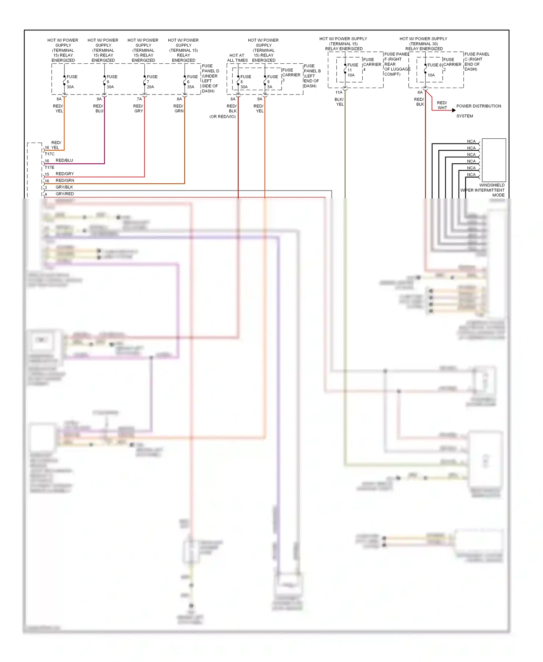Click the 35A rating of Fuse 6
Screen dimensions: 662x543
[x=190, y=87]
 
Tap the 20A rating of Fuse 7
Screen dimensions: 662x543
[x=150, y=87]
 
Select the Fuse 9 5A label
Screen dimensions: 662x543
[x=270, y=87]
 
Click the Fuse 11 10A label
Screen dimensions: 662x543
[x=351, y=75]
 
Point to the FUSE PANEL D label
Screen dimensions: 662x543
[x=210, y=68]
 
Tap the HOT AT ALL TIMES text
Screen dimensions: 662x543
[x=237, y=58]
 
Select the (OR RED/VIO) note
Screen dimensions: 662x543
[x=222, y=117]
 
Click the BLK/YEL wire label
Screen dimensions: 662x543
[x=339, y=102]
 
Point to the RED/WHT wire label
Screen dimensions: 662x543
[x=442, y=105]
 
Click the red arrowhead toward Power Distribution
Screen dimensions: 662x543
[x=454, y=110]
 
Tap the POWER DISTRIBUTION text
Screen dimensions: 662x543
[x=479, y=106]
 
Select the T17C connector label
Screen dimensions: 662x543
[x=50, y=154]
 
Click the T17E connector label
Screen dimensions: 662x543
[x=50, y=167]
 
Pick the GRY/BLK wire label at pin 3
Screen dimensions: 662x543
[x=64, y=187]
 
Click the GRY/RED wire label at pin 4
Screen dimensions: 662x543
[x=64, y=194]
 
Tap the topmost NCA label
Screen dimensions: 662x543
[x=471, y=142]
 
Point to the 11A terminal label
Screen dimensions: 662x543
[x=338, y=92]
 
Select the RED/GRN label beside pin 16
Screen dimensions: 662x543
[x=65, y=180]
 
